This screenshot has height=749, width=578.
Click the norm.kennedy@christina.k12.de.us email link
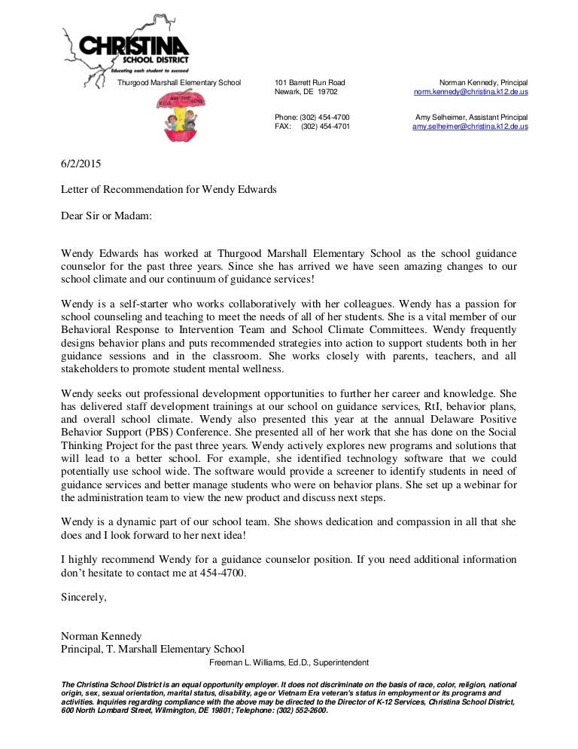[x=470, y=92]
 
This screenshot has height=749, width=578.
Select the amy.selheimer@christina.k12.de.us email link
[x=470, y=127]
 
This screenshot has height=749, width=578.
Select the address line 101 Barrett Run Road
[x=310, y=82]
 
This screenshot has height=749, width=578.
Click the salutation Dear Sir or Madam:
[x=106, y=215]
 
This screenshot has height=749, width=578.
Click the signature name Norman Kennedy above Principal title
[x=101, y=635]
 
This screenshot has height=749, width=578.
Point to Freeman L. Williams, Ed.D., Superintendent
[x=289, y=663]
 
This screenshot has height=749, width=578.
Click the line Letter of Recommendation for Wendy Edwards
[x=169, y=189]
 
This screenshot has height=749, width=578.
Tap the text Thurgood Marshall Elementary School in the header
[x=178, y=82]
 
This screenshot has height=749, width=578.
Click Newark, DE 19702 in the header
[x=306, y=92]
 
